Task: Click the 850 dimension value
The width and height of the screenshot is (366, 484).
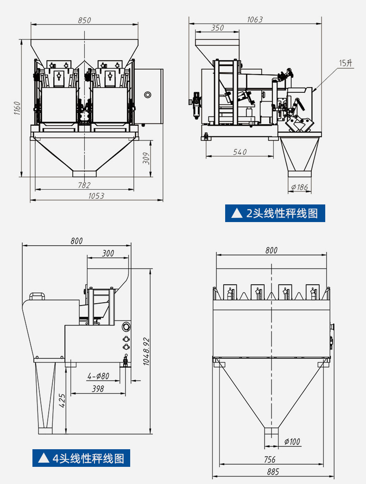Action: (84, 20)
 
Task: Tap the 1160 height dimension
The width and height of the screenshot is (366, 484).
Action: (17, 108)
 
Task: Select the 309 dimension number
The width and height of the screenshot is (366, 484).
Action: (147, 159)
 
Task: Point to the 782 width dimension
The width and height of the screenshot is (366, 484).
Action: (84, 185)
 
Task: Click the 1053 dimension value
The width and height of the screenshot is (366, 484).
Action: (96, 196)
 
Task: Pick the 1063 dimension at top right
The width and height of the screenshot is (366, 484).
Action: (255, 20)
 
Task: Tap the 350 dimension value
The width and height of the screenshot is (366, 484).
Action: (217, 28)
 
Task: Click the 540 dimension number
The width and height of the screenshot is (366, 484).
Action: (240, 152)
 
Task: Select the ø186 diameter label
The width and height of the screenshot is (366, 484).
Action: (300, 187)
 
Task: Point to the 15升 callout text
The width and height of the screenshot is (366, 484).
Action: (346, 63)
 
